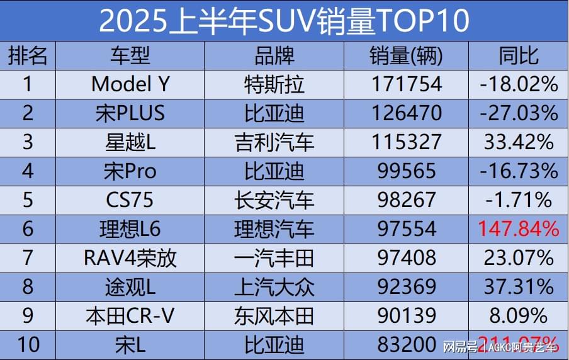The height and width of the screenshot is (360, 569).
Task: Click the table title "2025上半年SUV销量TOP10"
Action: tap(284, 21)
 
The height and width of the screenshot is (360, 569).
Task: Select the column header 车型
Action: tap(130, 56)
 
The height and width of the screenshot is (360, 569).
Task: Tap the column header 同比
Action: tap(519, 56)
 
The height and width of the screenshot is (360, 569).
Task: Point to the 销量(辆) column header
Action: tap(406, 56)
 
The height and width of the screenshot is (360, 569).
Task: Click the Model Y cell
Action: tap(130, 84)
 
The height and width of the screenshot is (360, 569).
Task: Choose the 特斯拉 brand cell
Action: tap(274, 84)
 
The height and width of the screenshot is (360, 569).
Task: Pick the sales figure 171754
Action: tap(406, 84)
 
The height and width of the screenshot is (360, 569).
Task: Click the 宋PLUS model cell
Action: tap(130, 113)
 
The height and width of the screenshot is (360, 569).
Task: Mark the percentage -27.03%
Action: tap(519, 113)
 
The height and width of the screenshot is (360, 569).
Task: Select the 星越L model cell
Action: tap(130, 142)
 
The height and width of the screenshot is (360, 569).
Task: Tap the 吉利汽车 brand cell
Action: tap(274, 142)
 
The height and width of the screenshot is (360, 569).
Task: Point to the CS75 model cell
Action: tap(130, 200)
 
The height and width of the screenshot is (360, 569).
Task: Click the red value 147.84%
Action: tap(519, 228)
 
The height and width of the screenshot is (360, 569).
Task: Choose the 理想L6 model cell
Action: tap(130, 228)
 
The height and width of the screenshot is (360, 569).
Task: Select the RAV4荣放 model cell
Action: tap(130, 257)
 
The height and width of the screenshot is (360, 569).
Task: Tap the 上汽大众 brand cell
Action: tap(274, 286)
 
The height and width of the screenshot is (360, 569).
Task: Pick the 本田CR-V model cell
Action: tap(130, 315)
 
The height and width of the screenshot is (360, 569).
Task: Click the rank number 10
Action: tap(27, 344)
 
